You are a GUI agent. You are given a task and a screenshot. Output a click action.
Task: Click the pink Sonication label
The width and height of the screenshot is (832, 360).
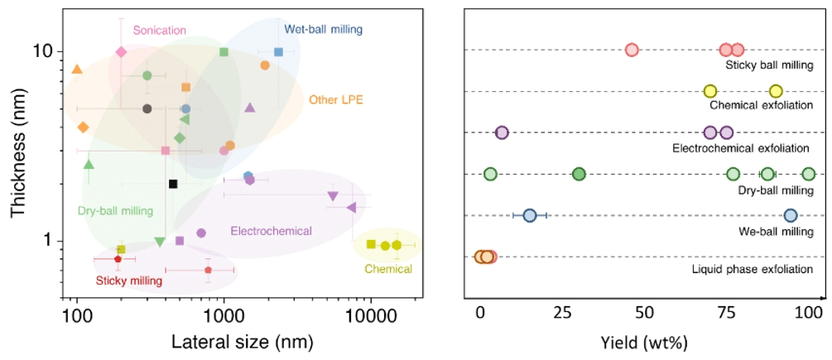(159, 30)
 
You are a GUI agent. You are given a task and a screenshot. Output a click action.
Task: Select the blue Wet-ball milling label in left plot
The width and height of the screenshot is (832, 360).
(323, 29)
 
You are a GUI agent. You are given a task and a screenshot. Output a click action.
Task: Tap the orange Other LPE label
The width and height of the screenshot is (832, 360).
(336, 100)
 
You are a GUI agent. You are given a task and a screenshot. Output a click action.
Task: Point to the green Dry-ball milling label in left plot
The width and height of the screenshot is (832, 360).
(115, 210)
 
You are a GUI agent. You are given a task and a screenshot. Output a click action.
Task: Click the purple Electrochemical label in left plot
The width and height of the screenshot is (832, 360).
(271, 230)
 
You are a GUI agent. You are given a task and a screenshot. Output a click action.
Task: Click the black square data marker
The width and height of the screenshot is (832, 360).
(173, 184)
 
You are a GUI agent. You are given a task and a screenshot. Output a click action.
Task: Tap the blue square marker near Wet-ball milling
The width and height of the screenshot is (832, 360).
(279, 52)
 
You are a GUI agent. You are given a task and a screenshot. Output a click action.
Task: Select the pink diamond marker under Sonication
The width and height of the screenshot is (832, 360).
(121, 51)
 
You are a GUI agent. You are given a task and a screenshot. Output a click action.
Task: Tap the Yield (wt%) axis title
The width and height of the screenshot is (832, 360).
(643, 341)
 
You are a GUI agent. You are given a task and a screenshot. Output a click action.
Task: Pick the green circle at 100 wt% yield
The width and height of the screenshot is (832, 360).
(809, 174)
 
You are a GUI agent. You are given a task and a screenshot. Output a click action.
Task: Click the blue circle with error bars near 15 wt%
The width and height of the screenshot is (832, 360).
(530, 215)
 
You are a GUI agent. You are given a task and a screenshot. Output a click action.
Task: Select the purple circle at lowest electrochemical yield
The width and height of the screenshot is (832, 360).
(502, 132)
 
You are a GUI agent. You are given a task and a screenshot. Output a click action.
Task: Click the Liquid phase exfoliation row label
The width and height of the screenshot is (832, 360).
(752, 270)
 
